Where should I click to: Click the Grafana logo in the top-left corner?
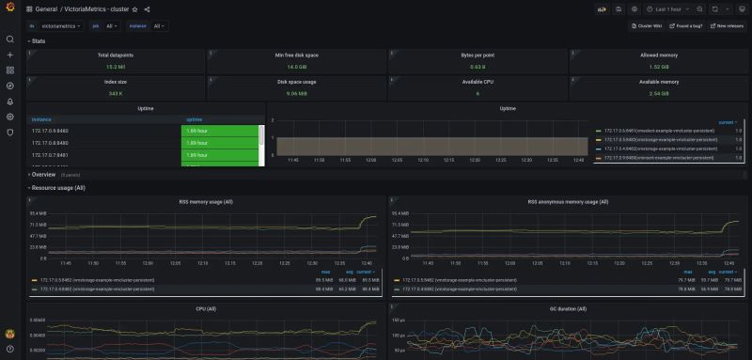point(9,8)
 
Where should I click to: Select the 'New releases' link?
point(728,26)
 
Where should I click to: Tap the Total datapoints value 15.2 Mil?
point(116,67)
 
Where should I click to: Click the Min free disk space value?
point(297,67)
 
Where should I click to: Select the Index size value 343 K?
point(116,93)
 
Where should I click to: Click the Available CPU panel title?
point(478,82)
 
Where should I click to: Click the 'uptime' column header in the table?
point(195,119)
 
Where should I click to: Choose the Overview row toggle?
point(43,174)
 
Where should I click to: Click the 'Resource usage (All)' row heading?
point(58,187)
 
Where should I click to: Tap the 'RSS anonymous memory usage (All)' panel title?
point(567,201)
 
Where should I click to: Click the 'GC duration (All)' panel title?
point(567,308)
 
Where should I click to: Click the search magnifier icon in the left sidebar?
point(10,39)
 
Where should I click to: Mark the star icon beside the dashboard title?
point(134,8)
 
